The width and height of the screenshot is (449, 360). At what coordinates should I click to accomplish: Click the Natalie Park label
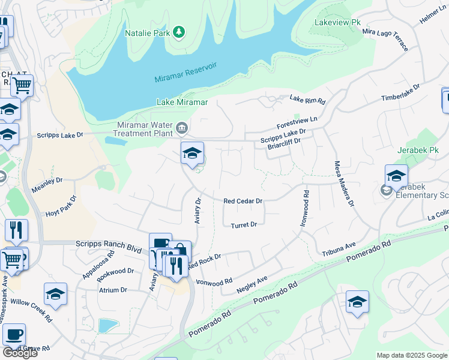click(x=147, y=33)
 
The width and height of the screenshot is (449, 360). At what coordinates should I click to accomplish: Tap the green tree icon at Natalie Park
click(x=178, y=31)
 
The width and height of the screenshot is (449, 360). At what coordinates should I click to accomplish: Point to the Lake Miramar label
click(x=182, y=102)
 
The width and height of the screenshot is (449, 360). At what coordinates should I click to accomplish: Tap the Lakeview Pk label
click(x=337, y=22)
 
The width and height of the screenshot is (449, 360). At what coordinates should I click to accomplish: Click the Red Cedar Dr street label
click(x=243, y=202)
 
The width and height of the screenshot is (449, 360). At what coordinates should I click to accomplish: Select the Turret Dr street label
click(x=244, y=224)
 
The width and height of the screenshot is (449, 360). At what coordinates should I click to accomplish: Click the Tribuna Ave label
click(x=339, y=248)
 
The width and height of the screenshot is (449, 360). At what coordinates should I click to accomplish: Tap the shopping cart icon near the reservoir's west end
click(x=22, y=85)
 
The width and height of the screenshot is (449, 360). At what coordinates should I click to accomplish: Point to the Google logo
click(x=19, y=353)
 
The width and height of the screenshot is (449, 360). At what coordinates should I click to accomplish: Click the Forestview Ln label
click(x=297, y=124)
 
